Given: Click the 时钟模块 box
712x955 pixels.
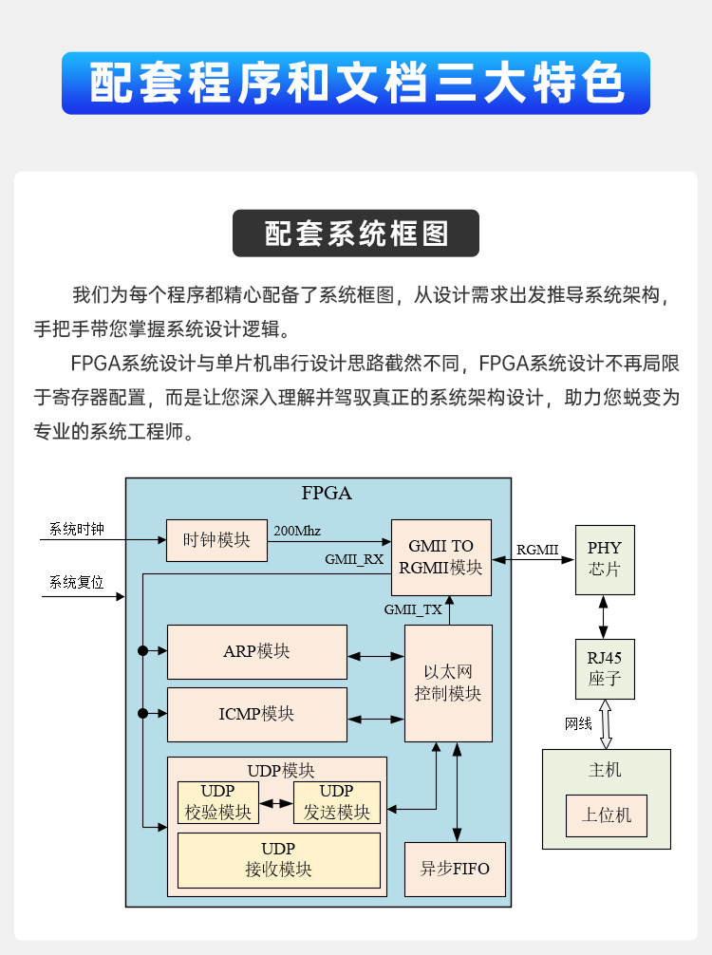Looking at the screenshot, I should click(216, 540).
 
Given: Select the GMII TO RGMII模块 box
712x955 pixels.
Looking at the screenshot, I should click(440, 557).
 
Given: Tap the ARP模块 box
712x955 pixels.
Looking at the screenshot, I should click(256, 651).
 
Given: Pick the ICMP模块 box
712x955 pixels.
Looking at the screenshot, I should click(256, 714).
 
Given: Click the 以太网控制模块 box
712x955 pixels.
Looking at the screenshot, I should click(448, 683).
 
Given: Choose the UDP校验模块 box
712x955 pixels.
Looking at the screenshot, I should click(218, 802).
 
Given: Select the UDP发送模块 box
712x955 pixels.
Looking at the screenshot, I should click(336, 802).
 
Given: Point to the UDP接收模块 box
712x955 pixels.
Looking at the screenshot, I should click(278, 859).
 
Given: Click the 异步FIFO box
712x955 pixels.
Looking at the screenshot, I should click(455, 869).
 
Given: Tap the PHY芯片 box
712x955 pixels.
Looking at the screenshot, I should click(604, 560).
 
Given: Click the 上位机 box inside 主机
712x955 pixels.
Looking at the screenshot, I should click(606, 815).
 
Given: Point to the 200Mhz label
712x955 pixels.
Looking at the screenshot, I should click(297, 531).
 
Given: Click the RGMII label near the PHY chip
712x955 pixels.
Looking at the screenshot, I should click(537, 550).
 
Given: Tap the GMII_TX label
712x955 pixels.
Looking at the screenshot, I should click(413, 610).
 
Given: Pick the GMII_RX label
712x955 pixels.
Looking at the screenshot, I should click(354, 559).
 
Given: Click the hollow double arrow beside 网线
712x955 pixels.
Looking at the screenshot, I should click(604, 724).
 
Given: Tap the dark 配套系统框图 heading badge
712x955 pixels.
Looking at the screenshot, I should click(356, 234).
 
